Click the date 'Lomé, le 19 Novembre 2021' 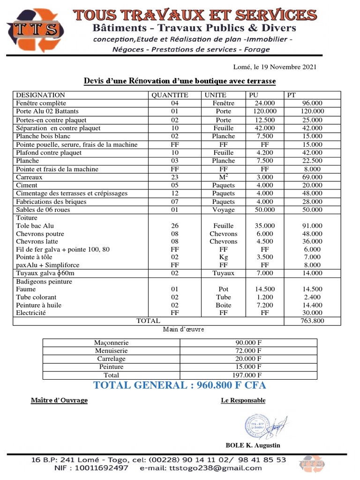click(x=275, y=67)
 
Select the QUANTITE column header click(x=170, y=95)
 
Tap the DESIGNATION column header click(x=41, y=95)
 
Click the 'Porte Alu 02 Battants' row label click(x=47, y=112)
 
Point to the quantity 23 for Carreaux click(x=175, y=177)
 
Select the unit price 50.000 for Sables click(x=265, y=210)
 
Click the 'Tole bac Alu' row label click(x=36, y=226)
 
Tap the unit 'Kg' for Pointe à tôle click(x=224, y=257)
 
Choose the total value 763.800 click(x=313, y=321)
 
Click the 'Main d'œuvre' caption click(x=183, y=330)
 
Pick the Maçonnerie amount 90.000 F click(x=248, y=343)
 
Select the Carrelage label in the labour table click(x=112, y=359)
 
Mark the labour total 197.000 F click(x=248, y=375)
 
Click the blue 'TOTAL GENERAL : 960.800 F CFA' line click(x=180, y=385)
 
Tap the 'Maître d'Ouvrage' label click(x=59, y=400)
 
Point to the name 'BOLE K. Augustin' click(x=253, y=445)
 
